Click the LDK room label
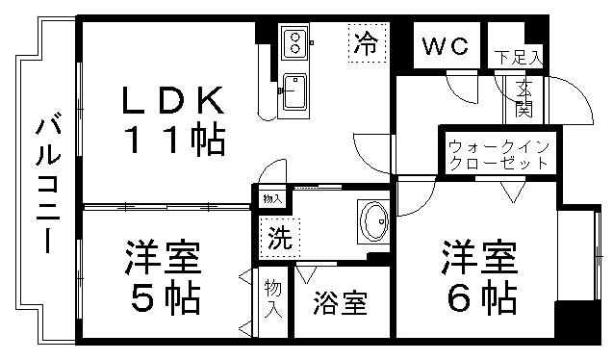click(x=173, y=100)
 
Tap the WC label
click(x=444, y=45)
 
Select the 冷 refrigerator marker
click(x=366, y=42)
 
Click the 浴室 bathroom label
click(x=341, y=303)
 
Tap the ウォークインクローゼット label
click(x=498, y=155)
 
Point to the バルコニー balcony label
click(x=46, y=183)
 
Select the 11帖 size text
click(x=173, y=141)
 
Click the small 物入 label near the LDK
click(x=272, y=199)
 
